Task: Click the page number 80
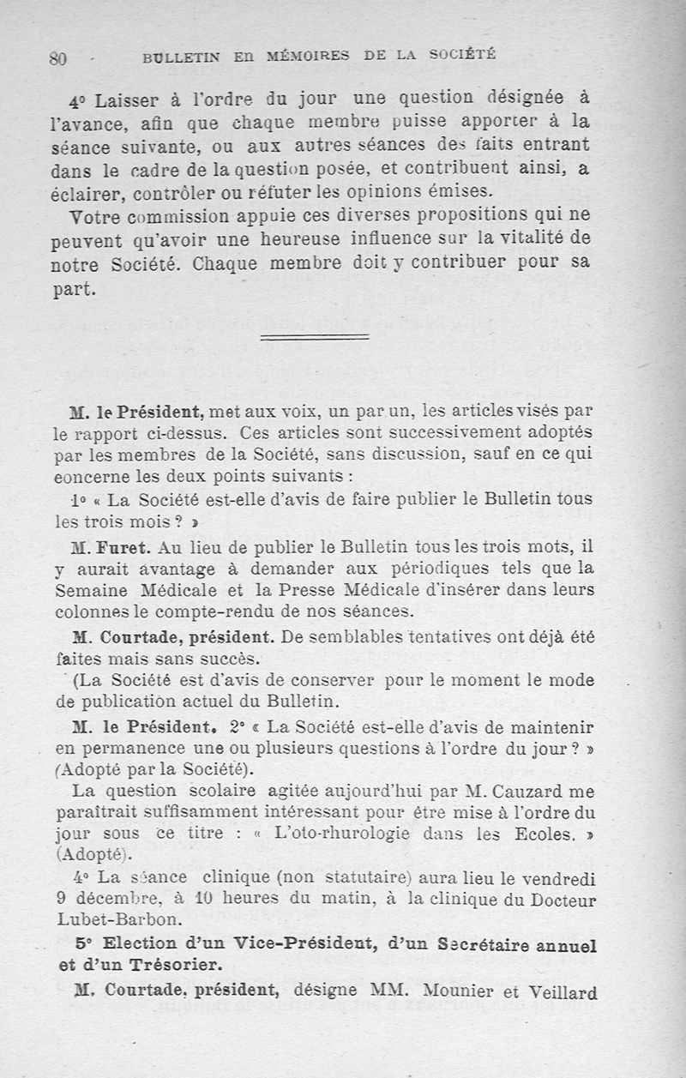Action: (x=58, y=58)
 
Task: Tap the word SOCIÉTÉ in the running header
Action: (x=463, y=54)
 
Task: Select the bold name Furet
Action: (x=129, y=546)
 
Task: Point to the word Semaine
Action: (x=89, y=591)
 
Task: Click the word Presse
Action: (x=332, y=591)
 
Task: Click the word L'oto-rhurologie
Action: (x=327, y=834)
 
